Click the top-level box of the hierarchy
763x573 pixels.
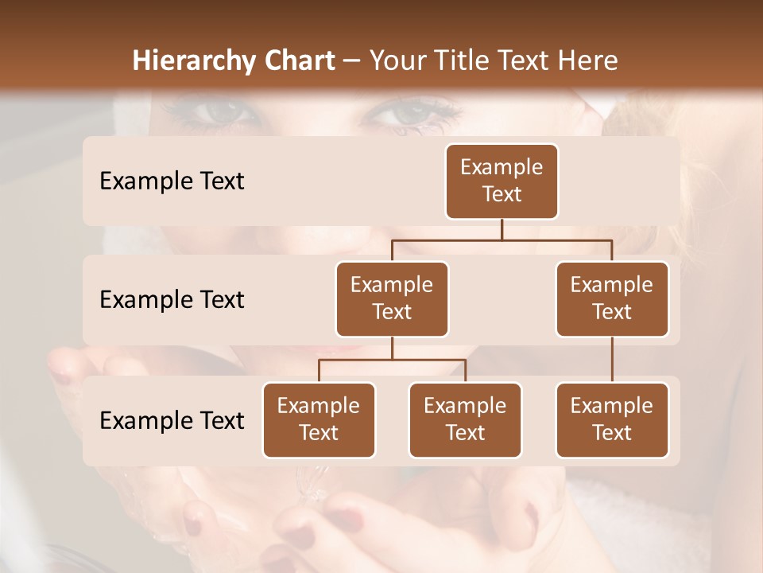coord(502,181)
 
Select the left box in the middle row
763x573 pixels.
coord(392,298)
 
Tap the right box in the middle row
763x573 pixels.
coord(612,298)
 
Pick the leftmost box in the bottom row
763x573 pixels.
coord(319,419)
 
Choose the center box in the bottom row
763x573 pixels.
coord(465,419)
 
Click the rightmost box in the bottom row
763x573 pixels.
coord(612,419)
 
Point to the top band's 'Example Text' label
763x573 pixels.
coord(172,181)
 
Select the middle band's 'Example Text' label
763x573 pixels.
coord(172,300)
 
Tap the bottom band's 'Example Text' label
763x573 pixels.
coord(172,420)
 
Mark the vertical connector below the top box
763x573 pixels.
coord(502,229)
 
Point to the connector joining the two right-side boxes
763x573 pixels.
coord(612,360)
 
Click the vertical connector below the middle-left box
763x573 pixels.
coord(392,348)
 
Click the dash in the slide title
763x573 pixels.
coord(351,61)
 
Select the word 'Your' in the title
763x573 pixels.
coord(398,60)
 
